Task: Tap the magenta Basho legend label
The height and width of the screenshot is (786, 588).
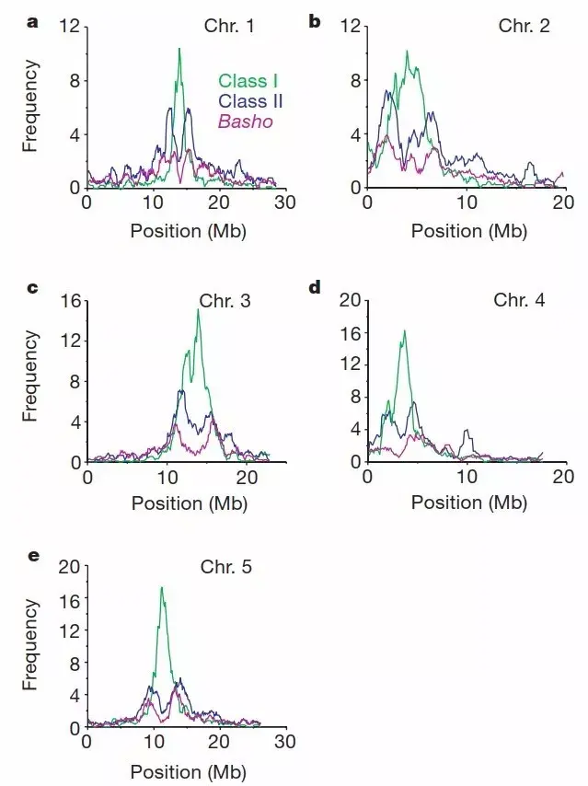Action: pos(245,121)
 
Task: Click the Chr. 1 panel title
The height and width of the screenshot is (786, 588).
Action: pos(229,26)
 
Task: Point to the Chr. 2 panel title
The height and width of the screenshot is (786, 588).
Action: pos(524,26)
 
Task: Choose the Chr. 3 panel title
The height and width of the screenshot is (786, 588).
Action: pos(225,300)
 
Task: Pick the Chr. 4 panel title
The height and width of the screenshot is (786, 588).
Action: pos(519,300)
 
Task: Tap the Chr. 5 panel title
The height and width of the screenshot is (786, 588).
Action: pos(225,566)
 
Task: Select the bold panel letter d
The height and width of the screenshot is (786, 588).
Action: pos(315,287)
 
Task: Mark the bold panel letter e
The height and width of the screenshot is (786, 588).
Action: pos(33,555)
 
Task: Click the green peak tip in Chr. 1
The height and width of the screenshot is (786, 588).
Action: pos(179,48)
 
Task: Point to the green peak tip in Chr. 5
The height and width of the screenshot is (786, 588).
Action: pos(162,586)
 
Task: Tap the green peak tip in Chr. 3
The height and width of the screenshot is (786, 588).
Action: pos(198,310)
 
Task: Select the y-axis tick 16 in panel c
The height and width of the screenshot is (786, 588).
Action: pos(69,300)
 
